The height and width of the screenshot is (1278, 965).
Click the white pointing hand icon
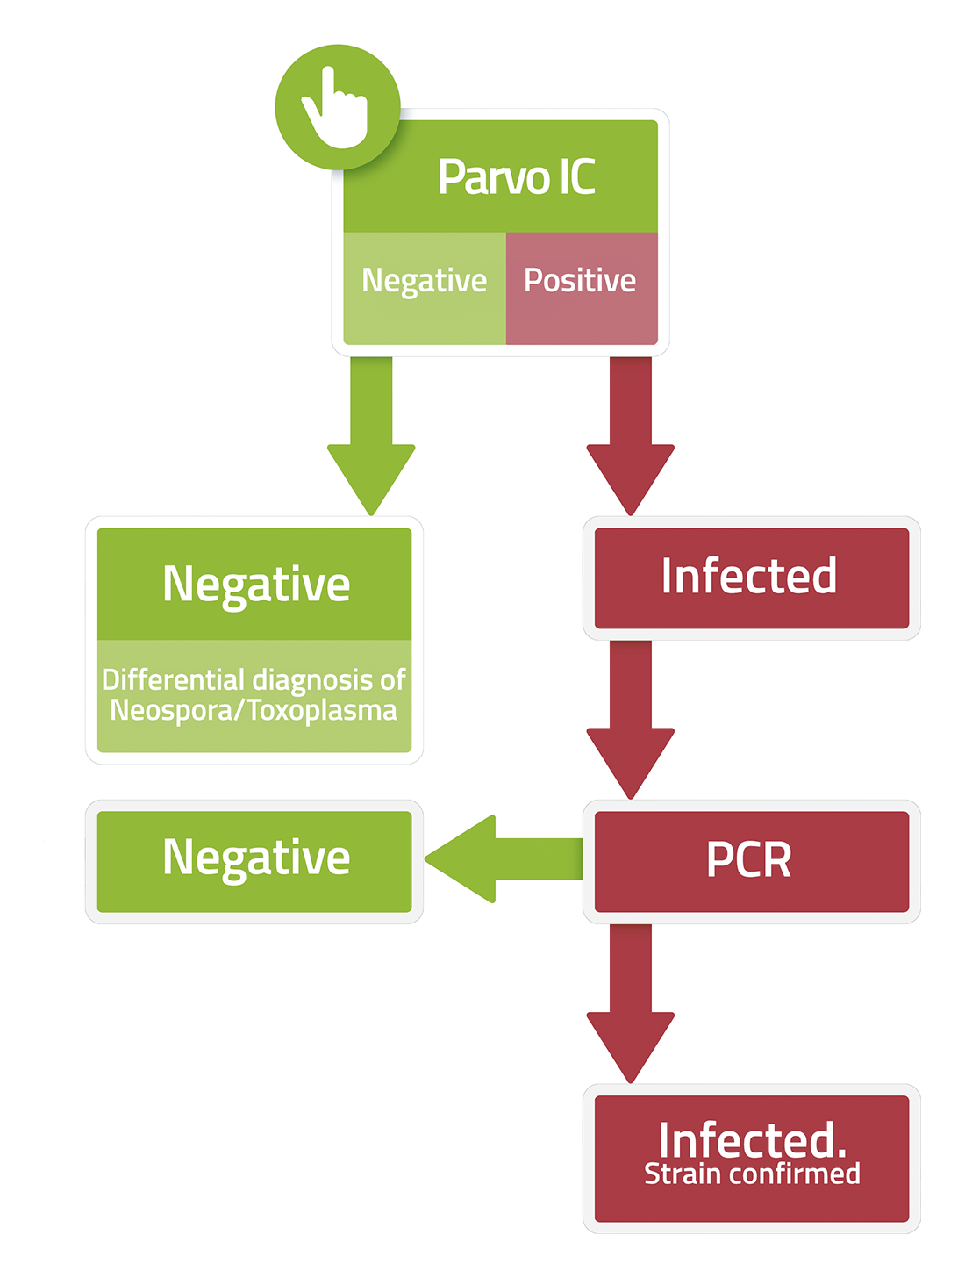pyautogui.click(x=336, y=108)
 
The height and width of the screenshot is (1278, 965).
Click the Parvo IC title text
pyautogui.click(x=517, y=176)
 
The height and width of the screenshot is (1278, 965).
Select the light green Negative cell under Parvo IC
pyautogui.click(x=424, y=288)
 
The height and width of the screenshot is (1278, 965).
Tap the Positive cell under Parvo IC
pyautogui.click(x=582, y=288)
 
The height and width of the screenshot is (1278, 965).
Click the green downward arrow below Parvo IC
pyautogui.click(x=371, y=435)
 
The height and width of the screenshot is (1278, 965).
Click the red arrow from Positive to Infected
pyautogui.click(x=631, y=435)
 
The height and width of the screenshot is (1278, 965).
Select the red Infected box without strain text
pyautogui.click(x=752, y=578)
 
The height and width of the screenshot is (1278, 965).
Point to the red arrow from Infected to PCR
pyautogui.click(x=631, y=720)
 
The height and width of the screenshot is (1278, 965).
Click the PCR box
pyautogui.click(x=752, y=862)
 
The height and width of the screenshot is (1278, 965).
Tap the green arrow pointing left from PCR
pyautogui.click(x=504, y=858)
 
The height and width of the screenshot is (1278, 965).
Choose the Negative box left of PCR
pyautogui.click(x=254, y=862)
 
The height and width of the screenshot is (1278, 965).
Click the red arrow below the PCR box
pyautogui.click(x=631, y=1004)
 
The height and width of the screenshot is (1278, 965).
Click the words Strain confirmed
pyautogui.click(x=752, y=1174)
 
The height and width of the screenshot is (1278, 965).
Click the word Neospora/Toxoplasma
pyautogui.click(x=254, y=710)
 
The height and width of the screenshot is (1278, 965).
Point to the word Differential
pyautogui.click(x=173, y=679)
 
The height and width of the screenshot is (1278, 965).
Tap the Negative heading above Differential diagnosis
pyautogui.click(x=256, y=585)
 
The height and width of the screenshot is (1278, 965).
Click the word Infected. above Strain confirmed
pyautogui.click(x=752, y=1140)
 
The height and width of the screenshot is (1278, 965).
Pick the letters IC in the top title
pyautogui.click(x=577, y=176)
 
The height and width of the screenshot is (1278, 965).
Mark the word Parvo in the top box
pyautogui.click(x=495, y=176)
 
